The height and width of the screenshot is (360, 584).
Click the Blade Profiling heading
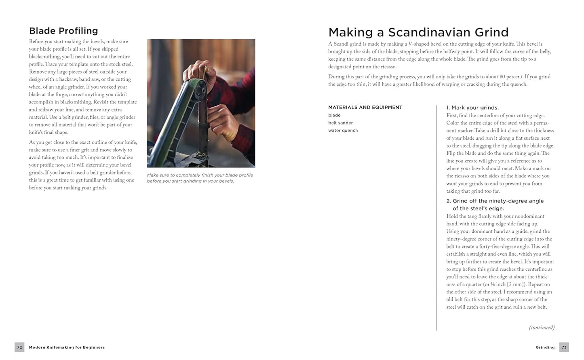(x=63, y=31)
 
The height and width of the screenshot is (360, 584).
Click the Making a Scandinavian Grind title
(x=418, y=32)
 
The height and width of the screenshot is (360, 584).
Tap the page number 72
(x=19, y=347)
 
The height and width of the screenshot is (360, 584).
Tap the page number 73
(x=564, y=347)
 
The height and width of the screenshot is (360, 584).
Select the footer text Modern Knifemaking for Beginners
(x=67, y=347)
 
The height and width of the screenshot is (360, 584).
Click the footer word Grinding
(x=545, y=347)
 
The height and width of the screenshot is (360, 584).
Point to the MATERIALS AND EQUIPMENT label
(x=365, y=107)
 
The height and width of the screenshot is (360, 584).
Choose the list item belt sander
(x=340, y=123)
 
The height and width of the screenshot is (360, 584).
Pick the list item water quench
(x=343, y=131)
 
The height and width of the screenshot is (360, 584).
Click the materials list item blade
(x=334, y=115)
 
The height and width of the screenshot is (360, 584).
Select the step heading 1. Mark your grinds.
(x=472, y=108)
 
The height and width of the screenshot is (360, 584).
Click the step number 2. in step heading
(x=449, y=201)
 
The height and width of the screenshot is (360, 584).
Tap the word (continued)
(x=542, y=328)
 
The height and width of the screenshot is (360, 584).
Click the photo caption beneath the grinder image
(x=200, y=178)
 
